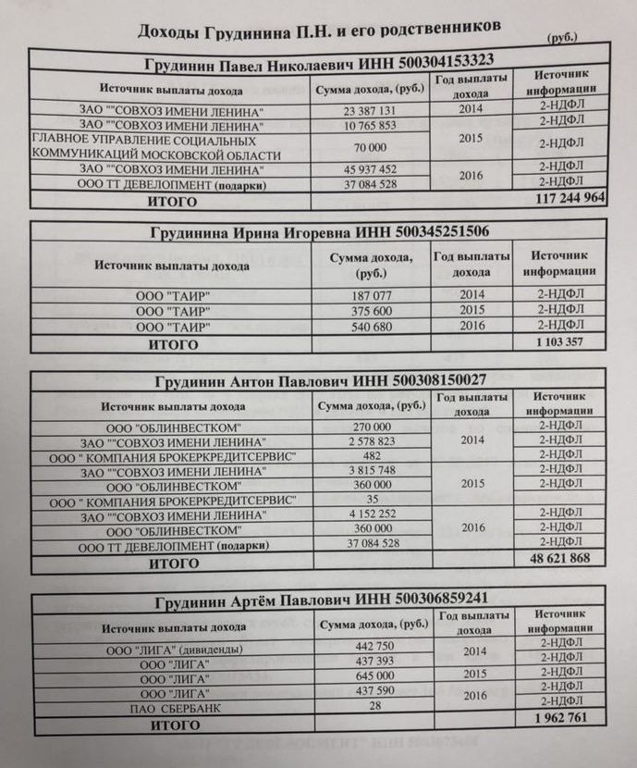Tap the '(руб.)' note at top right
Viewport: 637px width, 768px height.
pos(562,38)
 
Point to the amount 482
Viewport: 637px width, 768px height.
pos(368,457)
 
